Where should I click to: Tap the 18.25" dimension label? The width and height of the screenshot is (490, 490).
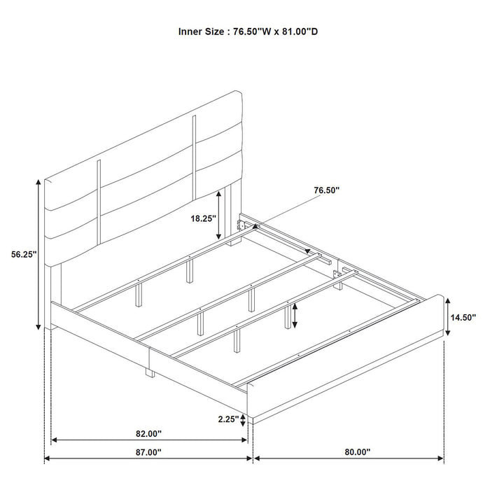pos(203,218)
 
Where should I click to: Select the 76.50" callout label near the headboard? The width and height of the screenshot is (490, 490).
pos(326,190)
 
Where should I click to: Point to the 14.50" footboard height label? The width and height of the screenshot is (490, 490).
pos(463,316)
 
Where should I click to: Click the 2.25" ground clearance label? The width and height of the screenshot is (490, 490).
pos(224,420)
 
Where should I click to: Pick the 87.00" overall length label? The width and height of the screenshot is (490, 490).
pos(148,452)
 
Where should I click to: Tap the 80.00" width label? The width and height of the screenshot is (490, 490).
pos(358,452)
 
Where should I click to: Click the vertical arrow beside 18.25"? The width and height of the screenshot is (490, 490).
pos(220,216)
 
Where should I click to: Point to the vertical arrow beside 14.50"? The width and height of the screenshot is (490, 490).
pos(445,316)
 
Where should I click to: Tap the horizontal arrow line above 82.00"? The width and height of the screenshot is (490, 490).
pos(149,441)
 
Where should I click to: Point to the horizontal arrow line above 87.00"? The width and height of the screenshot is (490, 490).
pos(148,459)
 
